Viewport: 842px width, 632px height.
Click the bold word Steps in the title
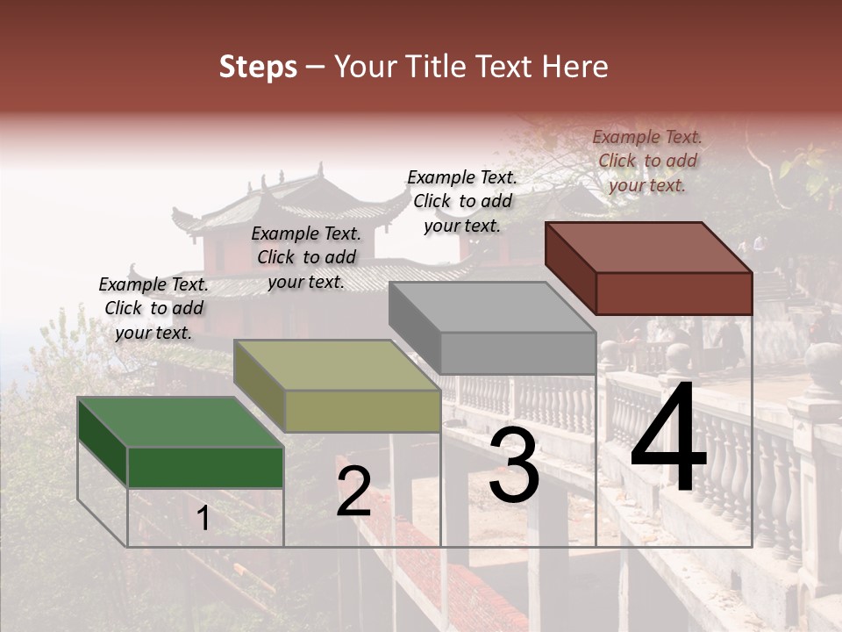258,67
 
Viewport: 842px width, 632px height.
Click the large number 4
668,439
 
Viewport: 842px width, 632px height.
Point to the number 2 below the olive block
353,492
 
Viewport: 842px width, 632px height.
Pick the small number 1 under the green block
203,519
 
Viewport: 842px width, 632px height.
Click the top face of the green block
180,422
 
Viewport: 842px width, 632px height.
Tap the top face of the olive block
336,365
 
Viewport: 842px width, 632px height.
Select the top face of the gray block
491,307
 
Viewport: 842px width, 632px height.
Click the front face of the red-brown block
674,293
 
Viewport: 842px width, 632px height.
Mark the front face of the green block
205,467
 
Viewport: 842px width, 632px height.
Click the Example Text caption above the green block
153,308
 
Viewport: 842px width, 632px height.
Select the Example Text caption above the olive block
306,257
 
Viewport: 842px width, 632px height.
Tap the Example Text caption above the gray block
462,201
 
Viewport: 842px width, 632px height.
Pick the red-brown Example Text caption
647,161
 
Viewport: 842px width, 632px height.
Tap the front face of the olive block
362,411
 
